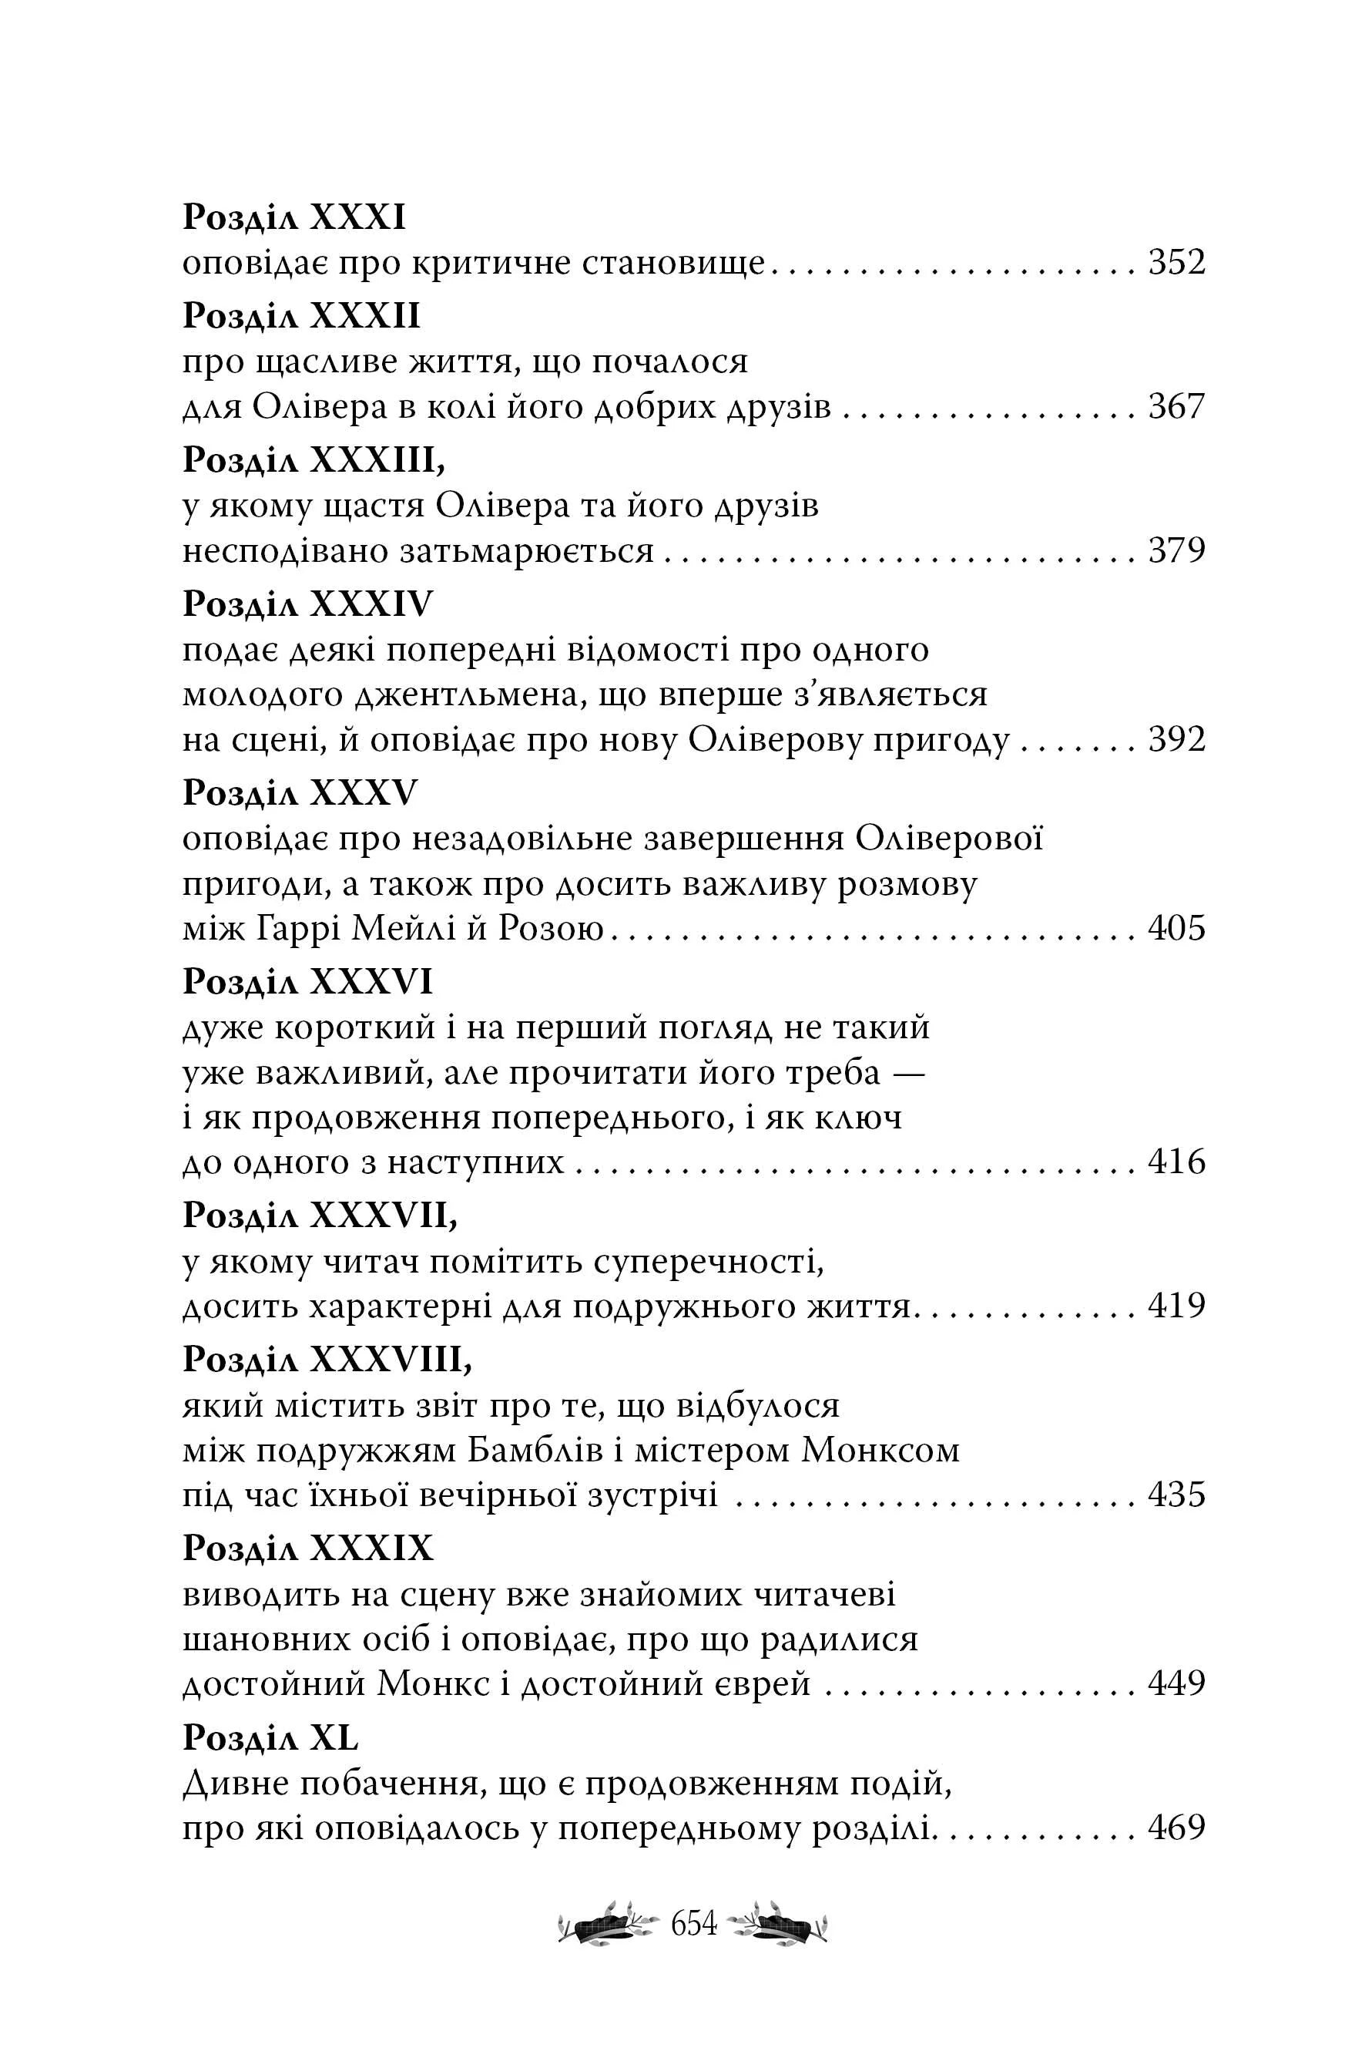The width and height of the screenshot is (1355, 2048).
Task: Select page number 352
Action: (x=1176, y=263)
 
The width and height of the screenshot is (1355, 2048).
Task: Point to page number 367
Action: (x=1176, y=406)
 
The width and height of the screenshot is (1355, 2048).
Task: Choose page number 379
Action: (x=1176, y=550)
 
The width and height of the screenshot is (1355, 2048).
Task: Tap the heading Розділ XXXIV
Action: (x=307, y=605)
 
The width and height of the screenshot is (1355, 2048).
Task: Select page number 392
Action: (x=1176, y=740)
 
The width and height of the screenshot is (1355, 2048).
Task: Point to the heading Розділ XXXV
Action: (x=300, y=795)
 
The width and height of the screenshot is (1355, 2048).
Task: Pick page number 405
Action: (x=1176, y=930)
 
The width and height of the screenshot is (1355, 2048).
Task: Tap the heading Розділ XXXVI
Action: (x=307, y=983)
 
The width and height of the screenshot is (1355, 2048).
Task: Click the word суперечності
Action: (x=709, y=1264)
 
